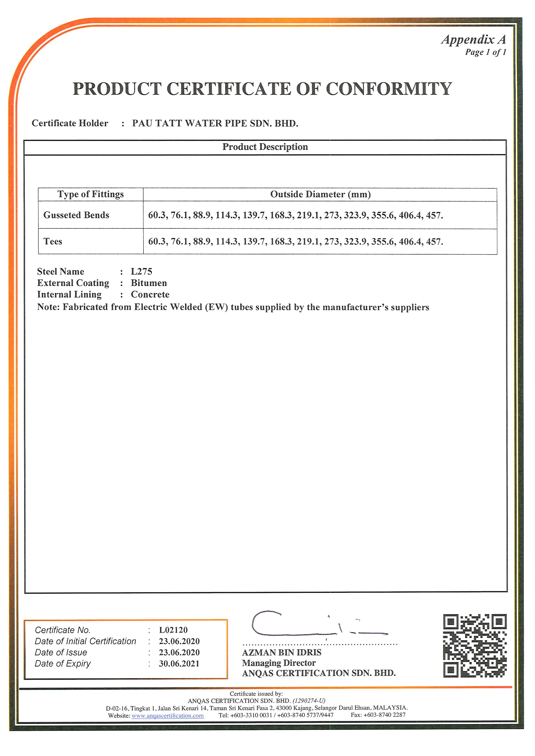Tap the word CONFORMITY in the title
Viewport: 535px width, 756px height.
coord(389,89)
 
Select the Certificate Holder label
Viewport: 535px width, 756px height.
coord(70,123)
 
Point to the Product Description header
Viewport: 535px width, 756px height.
coord(265,147)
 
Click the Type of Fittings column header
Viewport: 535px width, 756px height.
coord(91,194)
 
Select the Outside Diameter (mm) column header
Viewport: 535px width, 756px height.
coord(320,194)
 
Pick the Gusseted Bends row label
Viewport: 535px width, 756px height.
coord(76,215)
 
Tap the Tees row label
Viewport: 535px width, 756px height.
coord(53,241)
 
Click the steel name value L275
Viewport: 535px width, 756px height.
coord(142,272)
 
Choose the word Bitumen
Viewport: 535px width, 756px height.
coord(149,283)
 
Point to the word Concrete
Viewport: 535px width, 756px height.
coord(150,294)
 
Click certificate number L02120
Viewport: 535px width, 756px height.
coord(173,630)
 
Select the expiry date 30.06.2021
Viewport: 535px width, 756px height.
coord(179,664)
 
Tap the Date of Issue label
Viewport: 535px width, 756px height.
coord(61,652)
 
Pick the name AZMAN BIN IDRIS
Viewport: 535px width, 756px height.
coord(282,652)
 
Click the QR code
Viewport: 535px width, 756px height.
coord(474,645)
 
